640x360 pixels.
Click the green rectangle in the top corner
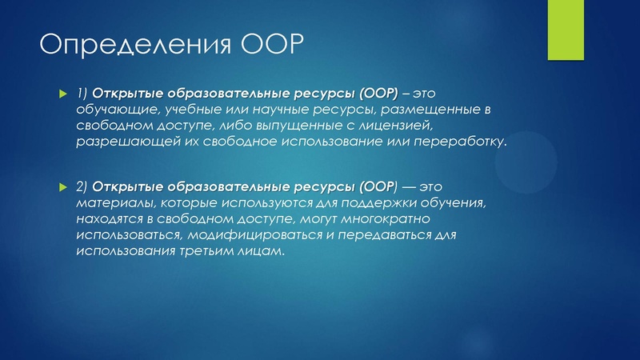(x=568, y=30)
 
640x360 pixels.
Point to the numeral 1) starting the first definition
(x=82, y=94)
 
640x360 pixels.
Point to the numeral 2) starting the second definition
(x=82, y=186)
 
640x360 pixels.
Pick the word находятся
(x=108, y=218)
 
